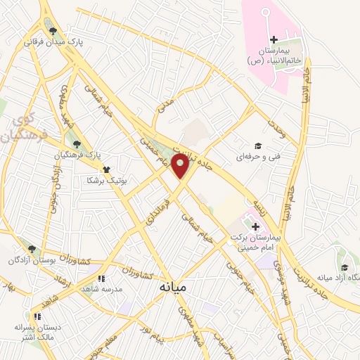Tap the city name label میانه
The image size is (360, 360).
(173, 288)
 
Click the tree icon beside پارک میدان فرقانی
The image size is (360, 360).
(53, 31)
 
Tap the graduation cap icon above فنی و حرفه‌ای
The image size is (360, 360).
(258, 146)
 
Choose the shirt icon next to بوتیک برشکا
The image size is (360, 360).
(107, 169)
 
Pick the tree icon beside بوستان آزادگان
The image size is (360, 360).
(32, 248)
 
